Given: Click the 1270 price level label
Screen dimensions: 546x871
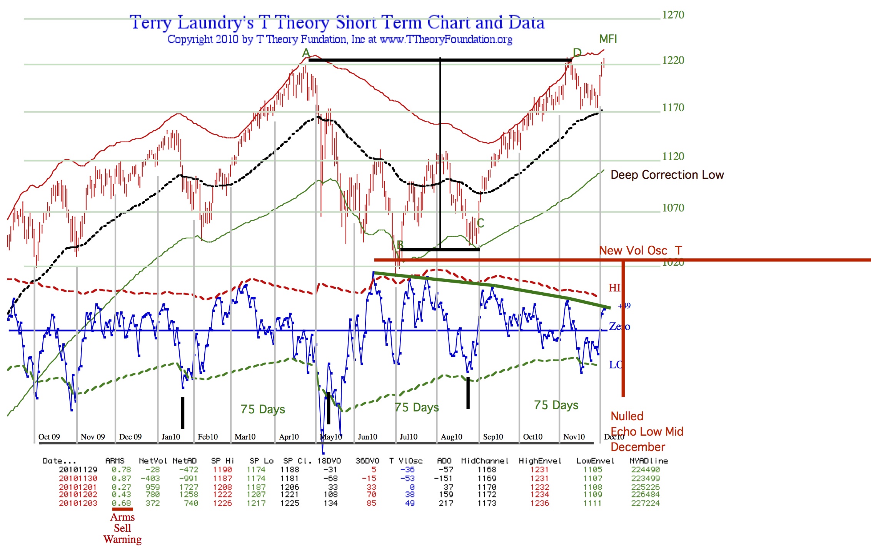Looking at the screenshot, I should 673,15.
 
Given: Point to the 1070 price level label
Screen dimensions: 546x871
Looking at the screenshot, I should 673,208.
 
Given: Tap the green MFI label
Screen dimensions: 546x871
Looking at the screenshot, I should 608,39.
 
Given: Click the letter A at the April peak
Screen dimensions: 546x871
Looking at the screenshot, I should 306,53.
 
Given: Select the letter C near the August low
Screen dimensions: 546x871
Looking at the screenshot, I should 480,223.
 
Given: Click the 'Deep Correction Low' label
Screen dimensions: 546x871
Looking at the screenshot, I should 667,175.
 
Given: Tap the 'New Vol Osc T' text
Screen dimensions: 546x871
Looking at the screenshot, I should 641,251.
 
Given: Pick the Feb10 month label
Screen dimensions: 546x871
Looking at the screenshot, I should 208,437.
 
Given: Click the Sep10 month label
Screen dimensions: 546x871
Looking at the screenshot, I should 493,437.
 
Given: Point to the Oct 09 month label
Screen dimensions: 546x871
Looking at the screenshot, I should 49,437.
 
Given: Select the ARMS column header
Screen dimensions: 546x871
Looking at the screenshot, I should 115,461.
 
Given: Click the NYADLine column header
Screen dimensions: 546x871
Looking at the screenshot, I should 648,461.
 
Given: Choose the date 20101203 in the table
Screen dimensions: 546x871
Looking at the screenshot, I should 78,503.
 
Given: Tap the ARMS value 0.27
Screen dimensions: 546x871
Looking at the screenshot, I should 121,487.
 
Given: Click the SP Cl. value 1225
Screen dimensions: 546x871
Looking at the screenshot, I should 289,503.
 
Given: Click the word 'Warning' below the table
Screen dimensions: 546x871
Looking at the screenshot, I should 122,539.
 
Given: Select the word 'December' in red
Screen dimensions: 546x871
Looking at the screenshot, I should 638,447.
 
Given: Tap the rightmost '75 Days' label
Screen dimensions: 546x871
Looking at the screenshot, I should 556,405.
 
